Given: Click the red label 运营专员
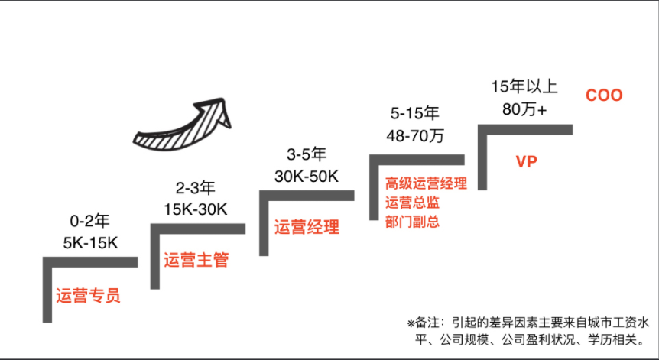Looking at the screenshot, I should (88, 296).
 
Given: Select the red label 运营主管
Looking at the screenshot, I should (196, 260).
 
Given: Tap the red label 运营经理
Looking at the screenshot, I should (307, 227).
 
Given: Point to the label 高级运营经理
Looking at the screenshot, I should (426, 183).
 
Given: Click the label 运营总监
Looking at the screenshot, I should (413, 203).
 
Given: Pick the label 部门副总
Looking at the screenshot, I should (413, 222).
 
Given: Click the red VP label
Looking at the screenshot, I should (526, 162).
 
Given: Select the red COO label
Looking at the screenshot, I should (604, 96).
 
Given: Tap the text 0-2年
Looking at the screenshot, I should (90, 222).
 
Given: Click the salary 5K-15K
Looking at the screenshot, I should (90, 244).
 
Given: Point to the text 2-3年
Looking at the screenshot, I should (196, 187).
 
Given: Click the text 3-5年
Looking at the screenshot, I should (306, 153).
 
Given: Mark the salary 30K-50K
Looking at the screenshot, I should (306, 175).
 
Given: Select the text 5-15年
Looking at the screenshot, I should (416, 114).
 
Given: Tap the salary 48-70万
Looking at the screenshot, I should (416, 136).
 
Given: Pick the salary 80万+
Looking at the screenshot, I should (524, 108).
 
